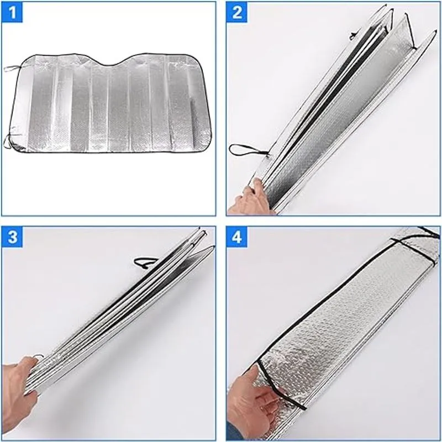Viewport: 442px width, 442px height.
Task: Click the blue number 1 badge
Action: (x=12, y=12)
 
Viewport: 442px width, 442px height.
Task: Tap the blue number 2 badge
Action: (x=236, y=12)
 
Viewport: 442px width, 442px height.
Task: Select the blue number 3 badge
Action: (x=12, y=237)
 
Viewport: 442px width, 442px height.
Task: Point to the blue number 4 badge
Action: (x=236, y=237)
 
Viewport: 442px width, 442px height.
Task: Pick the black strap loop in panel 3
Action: (x=146, y=263)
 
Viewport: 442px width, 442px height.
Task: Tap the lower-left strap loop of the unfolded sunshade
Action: (x=8, y=141)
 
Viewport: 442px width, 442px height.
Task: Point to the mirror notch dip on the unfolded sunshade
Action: (x=112, y=64)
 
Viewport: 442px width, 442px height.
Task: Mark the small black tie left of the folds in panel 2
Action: (x=354, y=35)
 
